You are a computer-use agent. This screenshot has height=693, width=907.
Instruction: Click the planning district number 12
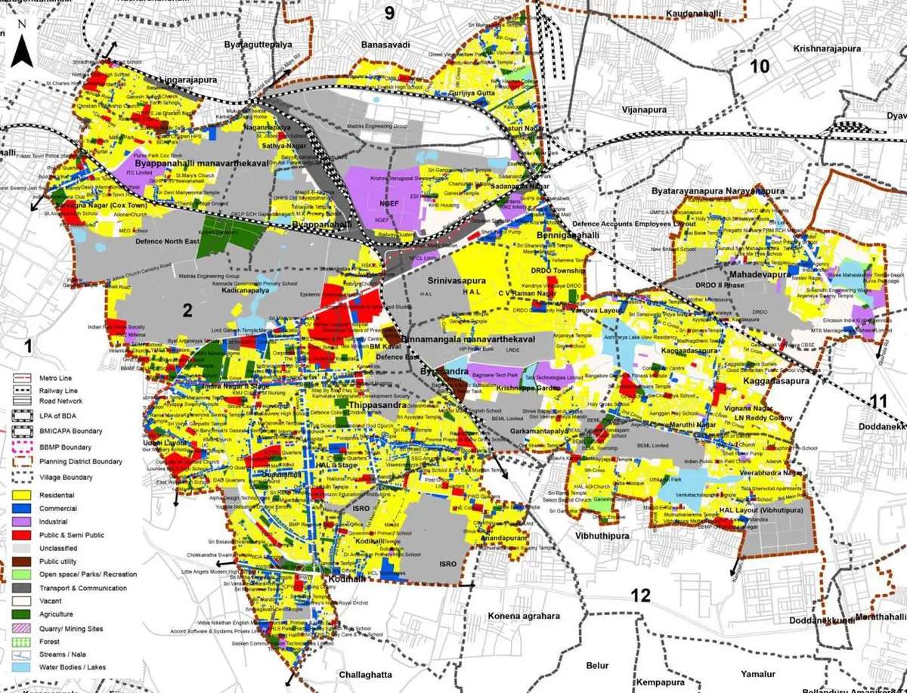click(640, 596)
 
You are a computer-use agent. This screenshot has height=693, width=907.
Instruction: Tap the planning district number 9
click(389, 13)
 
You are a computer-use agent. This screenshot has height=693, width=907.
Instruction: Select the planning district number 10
click(759, 67)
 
